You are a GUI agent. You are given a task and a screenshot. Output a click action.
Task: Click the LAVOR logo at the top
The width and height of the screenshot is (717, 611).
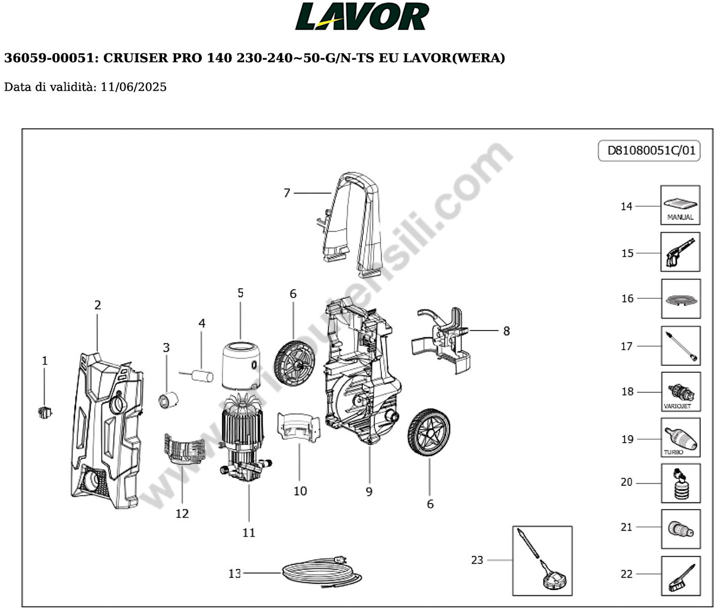tap(362, 17)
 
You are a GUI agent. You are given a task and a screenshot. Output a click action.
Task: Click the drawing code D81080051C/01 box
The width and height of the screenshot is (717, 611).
tap(649, 150)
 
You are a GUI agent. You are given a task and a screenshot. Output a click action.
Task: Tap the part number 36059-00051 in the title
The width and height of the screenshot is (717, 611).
tap(48, 58)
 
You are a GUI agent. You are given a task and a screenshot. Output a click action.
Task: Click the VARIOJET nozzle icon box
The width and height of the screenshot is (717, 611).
tap(681, 392)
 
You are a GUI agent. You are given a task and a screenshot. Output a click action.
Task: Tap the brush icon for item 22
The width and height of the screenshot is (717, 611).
tap(681, 576)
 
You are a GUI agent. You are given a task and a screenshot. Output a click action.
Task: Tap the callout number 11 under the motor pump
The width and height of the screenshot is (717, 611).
tap(248, 533)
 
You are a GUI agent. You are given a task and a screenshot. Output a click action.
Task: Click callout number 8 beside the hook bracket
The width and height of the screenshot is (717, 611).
tap(506, 331)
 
